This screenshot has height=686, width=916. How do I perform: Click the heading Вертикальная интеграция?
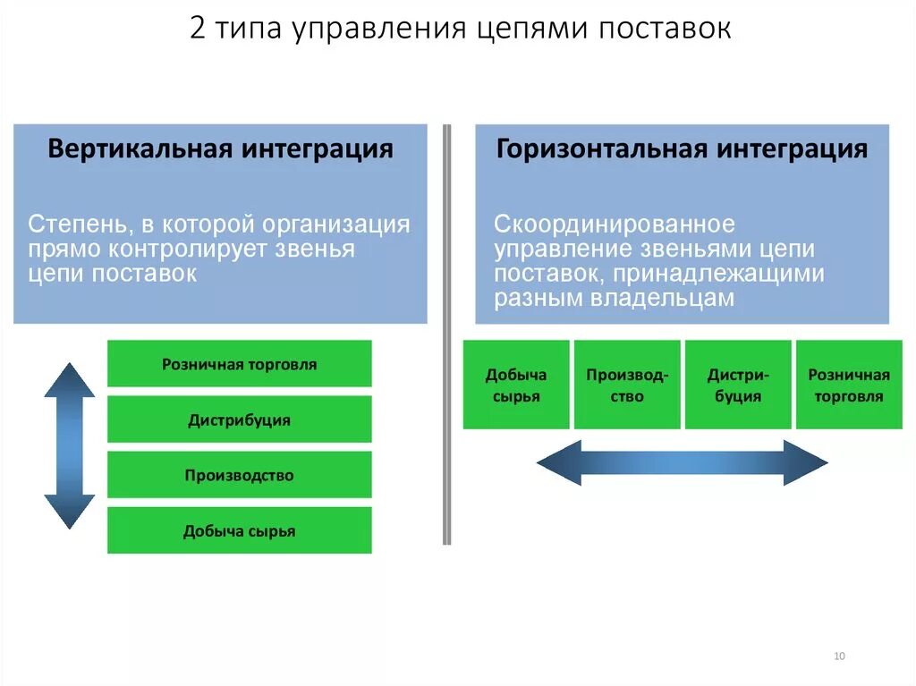pos(220,148)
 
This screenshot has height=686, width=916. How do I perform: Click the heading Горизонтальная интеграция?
pos(682,148)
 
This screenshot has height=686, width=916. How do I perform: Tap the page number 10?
pos(839,656)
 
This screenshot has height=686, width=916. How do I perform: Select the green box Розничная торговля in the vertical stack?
pos(239,364)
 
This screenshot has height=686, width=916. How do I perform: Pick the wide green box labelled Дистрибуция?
pos(239,419)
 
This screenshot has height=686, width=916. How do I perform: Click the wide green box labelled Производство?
pos(239,475)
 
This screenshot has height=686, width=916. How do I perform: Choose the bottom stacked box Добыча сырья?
pos(239,530)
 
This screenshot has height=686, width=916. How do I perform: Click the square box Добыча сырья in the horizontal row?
pos(516,385)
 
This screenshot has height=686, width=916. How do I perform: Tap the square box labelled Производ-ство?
pos(627,385)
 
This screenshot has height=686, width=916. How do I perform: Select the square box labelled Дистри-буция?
pos(738,385)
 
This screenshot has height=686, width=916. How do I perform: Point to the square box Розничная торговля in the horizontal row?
pos(849,385)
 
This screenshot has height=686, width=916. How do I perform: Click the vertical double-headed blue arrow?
pos(69,445)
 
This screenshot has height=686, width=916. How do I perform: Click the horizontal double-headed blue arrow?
pos(682,462)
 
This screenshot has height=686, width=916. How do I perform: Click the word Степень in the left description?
pos(66,224)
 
